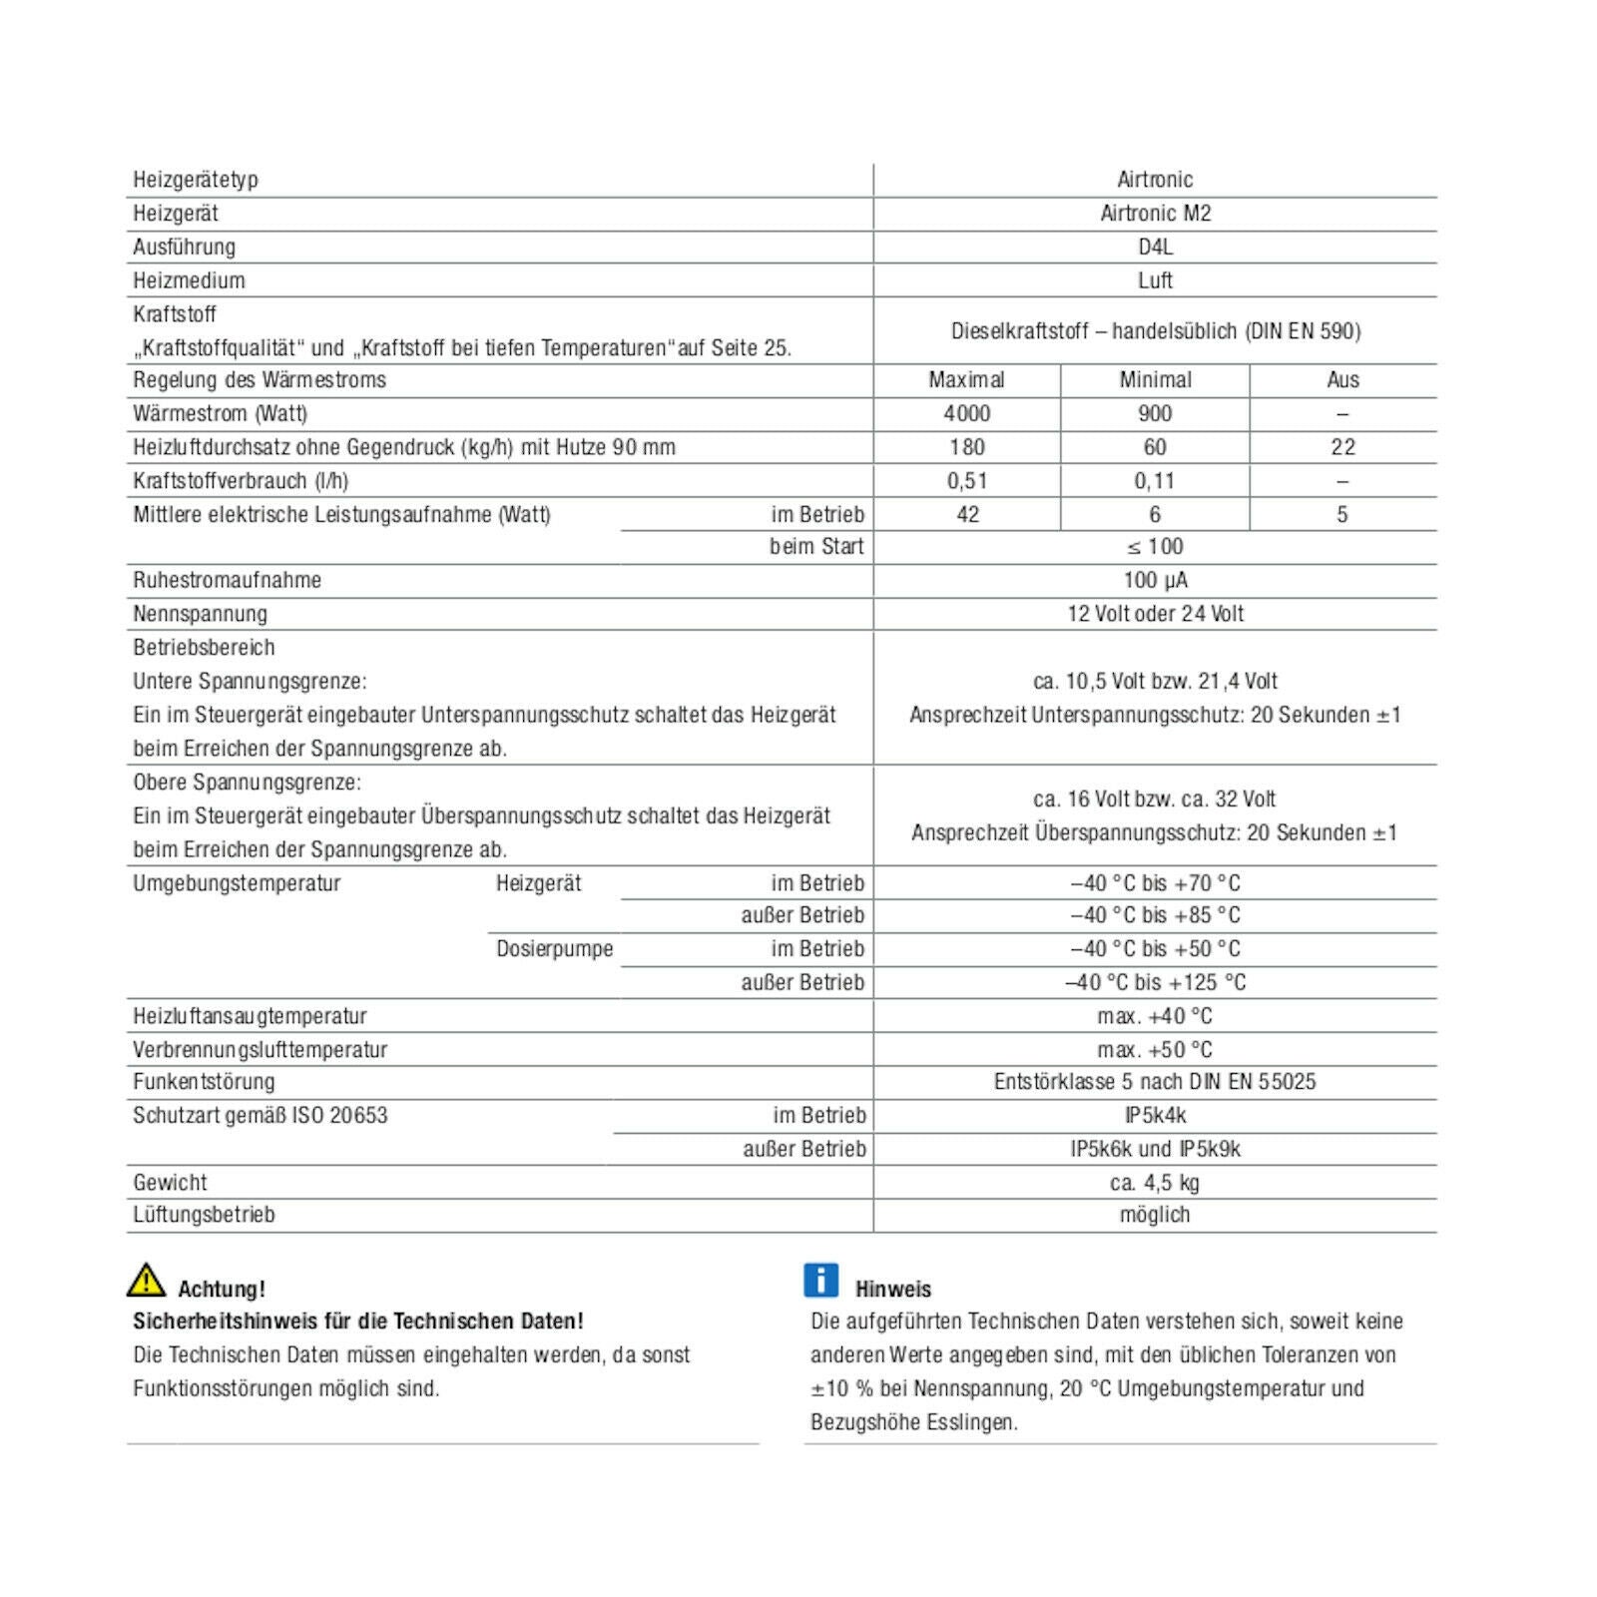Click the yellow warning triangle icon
pos(146,1280)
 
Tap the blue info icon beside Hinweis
pos(820,1280)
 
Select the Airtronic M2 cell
pos(1155,214)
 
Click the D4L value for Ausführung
pos(1155,247)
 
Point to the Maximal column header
pos(966,380)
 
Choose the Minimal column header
pos(1155,380)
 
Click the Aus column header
pos(1342,380)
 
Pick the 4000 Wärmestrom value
pos(966,414)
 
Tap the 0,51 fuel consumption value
pos(966,481)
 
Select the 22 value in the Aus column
pos(1342,447)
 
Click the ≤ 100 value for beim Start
pos(1155,547)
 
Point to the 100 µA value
pos(1155,580)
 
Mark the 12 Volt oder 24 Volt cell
pos(1155,614)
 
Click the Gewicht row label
pos(170,1183)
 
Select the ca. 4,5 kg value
pos(1155,1183)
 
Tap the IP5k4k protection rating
pos(1155,1116)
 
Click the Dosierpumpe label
pos(555,949)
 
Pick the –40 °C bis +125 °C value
pos(1155,983)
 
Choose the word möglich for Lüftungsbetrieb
pos(1155,1215)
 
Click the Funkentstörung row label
pos(204,1082)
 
